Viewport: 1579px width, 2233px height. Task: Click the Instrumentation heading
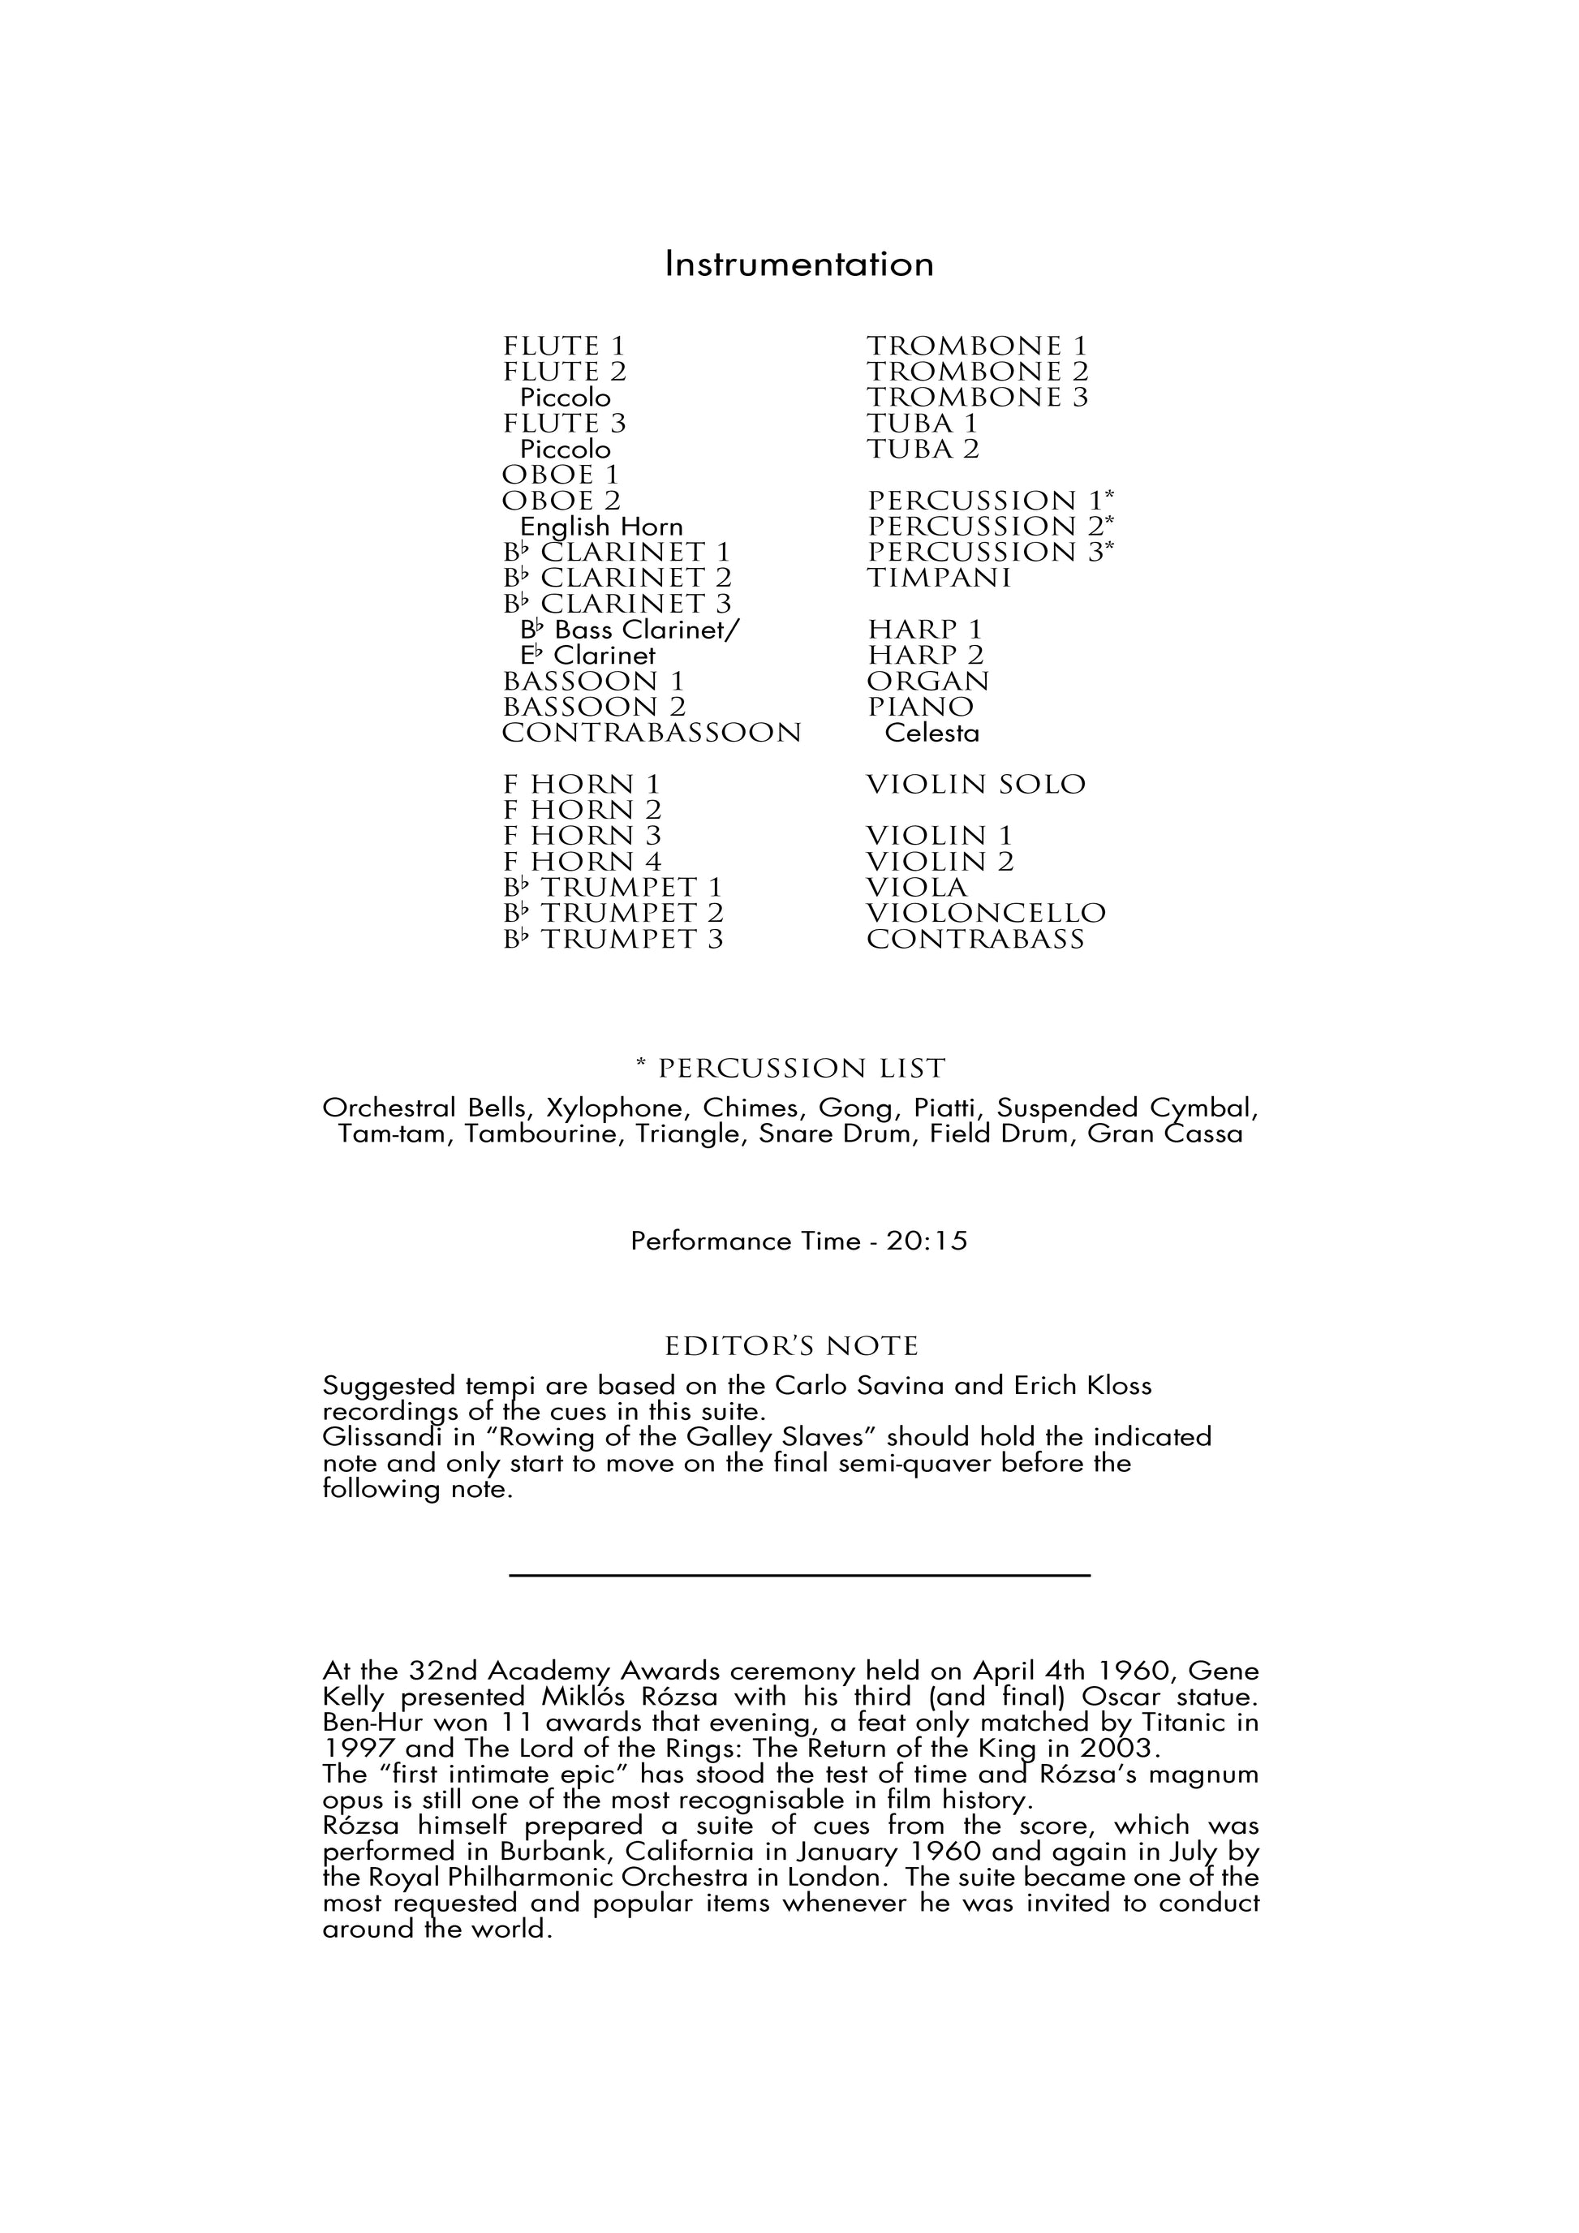(798, 265)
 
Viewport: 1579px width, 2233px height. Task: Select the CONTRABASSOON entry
(652, 733)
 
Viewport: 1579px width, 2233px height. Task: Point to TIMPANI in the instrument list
(940, 578)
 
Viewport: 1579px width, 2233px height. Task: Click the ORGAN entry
(927, 681)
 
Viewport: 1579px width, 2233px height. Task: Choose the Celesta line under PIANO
(931, 733)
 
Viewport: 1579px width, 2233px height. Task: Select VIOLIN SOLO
(975, 784)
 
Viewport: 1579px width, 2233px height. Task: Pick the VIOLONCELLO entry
(986, 913)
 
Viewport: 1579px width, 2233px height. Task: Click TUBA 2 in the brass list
(923, 449)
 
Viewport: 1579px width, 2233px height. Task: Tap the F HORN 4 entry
(582, 862)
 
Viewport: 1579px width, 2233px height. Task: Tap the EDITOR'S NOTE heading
(791, 1346)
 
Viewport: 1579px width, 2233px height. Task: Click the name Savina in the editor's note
(901, 1385)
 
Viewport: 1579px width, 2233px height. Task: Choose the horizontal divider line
(799, 1575)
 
